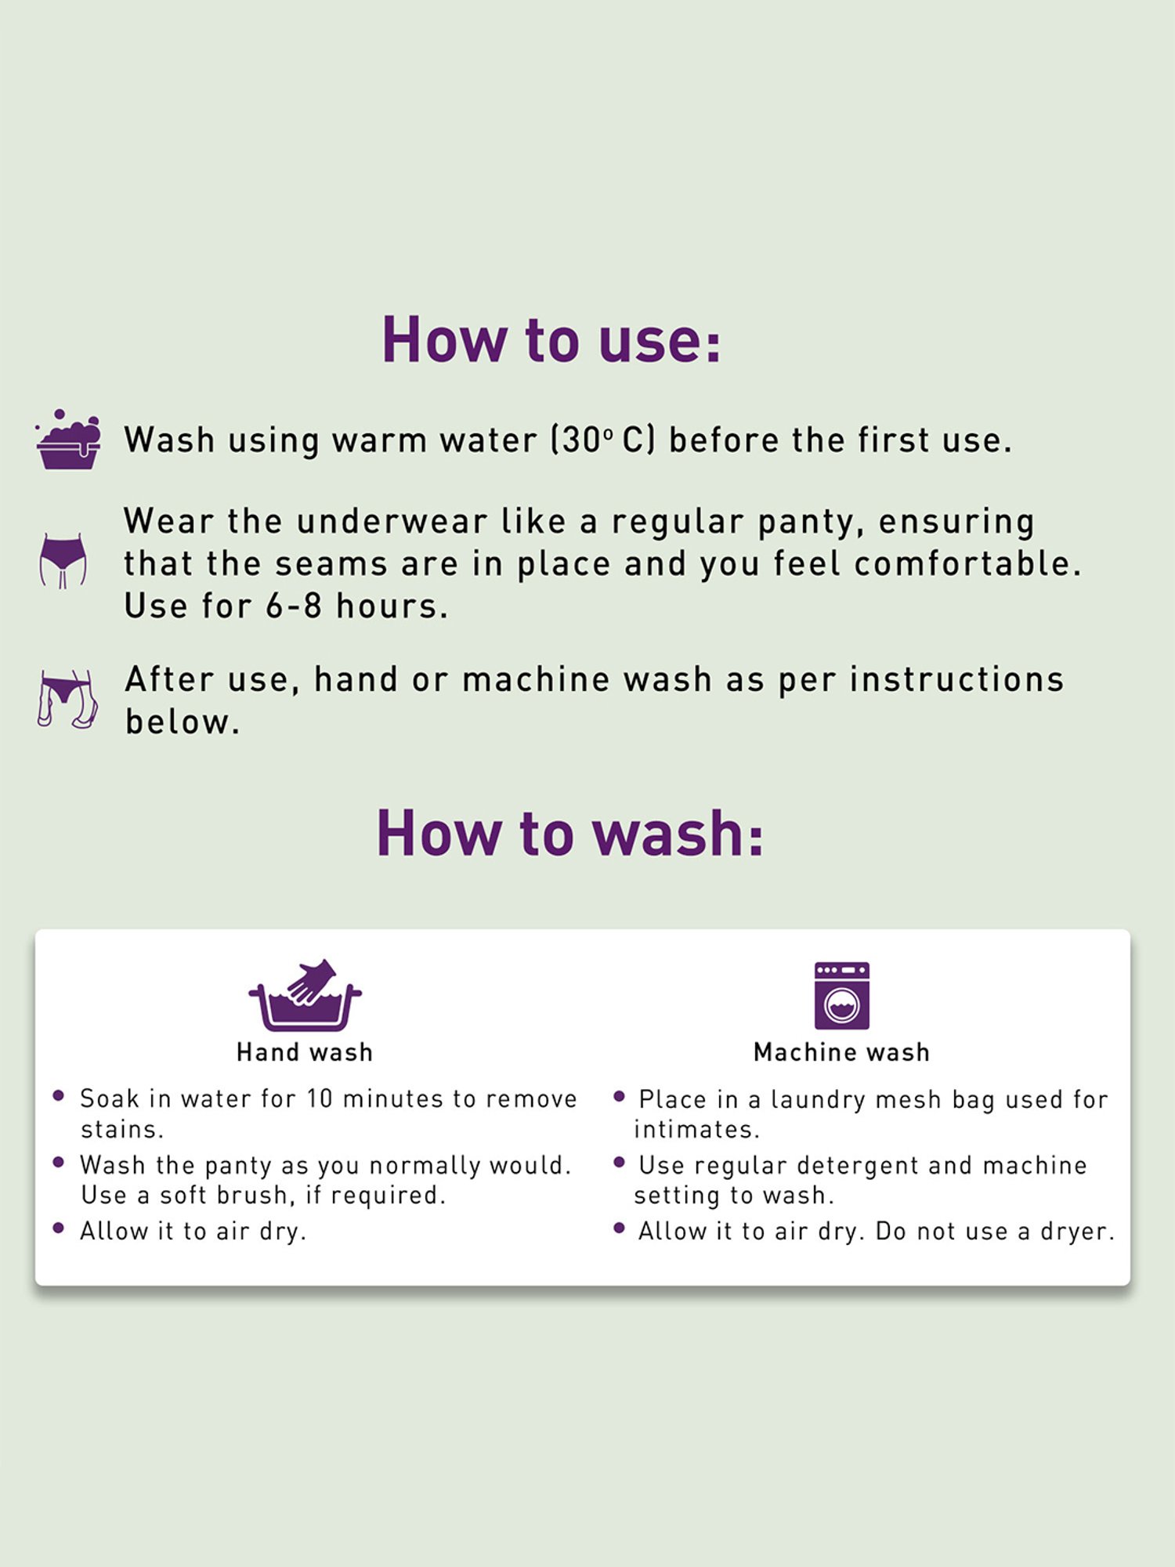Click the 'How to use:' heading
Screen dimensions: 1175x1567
coord(551,340)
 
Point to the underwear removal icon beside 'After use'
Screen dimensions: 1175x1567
coord(67,699)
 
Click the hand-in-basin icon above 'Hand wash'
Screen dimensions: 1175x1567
coord(305,994)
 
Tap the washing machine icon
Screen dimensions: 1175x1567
coord(842,995)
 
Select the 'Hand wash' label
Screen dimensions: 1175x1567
coord(305,1052)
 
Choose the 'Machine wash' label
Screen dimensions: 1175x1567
coord(842,1052)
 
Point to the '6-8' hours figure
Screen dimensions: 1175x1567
coord(294,606)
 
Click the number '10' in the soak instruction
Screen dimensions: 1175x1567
coord(320,1098)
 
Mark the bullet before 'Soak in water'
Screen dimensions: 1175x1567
coord(58,1096)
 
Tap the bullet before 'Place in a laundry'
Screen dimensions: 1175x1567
coord(619,1096)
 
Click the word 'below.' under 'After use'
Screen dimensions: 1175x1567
coord(183,722)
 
